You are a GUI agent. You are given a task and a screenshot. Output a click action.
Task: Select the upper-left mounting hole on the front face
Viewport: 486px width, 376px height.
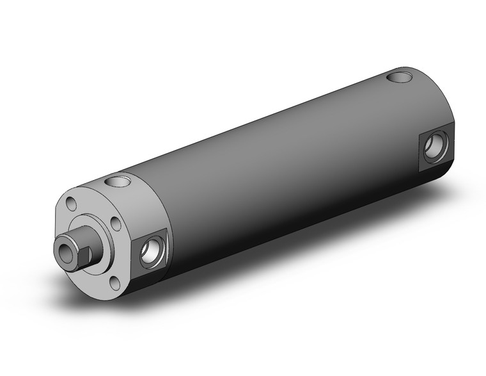pos(72,205)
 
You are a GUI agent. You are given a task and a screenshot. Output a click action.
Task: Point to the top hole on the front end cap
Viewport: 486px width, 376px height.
pos(120,183)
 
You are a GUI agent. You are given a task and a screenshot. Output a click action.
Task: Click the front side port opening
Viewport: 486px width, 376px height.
pos(153,251)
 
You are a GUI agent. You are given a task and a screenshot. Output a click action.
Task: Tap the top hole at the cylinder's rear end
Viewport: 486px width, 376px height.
pos(402,79)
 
